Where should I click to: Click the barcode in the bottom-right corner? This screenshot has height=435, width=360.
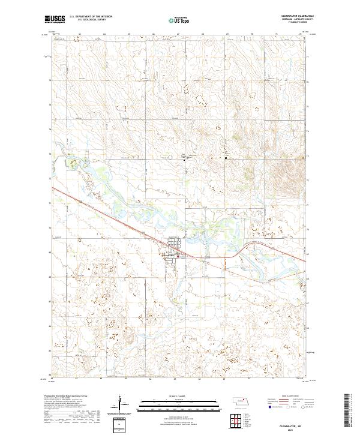pyautogui.click(x=349, y=412)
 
